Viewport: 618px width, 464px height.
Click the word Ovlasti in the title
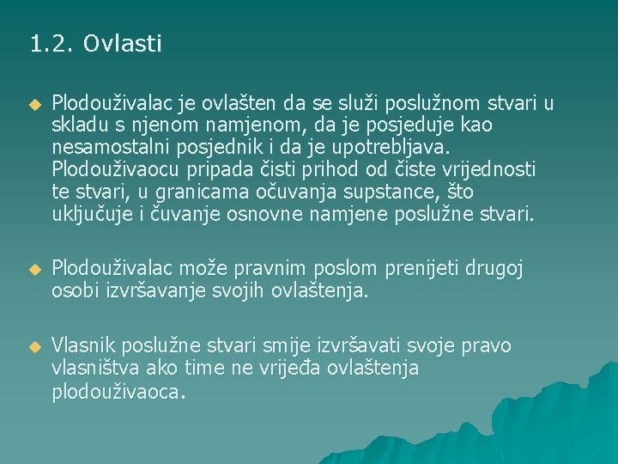(123, 43)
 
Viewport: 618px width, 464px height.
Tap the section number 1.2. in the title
(52, 43)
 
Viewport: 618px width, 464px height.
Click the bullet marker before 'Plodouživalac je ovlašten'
(34, 105)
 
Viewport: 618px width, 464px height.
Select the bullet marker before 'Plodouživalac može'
(34, 270)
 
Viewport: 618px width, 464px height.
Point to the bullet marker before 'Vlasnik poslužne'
(34, 347)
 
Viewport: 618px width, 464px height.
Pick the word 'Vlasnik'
(83, 346)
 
